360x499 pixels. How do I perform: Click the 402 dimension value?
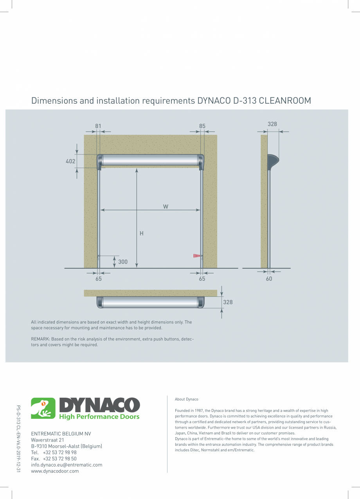pyautogui.click(x=70, y=161)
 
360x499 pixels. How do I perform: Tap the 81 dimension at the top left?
pyautogui.click(x=98, y=126)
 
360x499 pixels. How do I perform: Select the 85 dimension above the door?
pyautogui.click(x=202, y=126)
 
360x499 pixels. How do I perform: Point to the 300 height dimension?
pyautogui.click(x=123, y=262)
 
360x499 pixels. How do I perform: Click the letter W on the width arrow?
pyautogui.click(x=166, y=206)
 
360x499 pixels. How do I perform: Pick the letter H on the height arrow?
pyautogui.click(x=142, y=233)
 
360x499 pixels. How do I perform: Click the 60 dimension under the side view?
pyautogui.click(x=269, y=279)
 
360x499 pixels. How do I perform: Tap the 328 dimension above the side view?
pyautogui.click(x=272, y=124)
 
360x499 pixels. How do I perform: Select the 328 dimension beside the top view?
pyautogui.click(x=228, y=302)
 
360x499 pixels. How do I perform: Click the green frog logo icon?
pyautogui.click(x=43, y=408)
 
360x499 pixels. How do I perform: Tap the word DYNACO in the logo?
pyautogui.click(x=99, y=405)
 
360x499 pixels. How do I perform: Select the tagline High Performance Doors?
pyautogui.click(x=99, y=417)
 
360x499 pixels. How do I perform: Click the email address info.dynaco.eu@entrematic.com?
pyautogui.click(x=67, y=465)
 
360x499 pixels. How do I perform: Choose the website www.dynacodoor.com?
pyautogui.click(x=55, y=471)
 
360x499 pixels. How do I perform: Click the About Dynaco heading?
pyautogui.click(x=187, y=399)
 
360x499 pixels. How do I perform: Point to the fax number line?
pyautogui.click(x=54, y=459)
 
